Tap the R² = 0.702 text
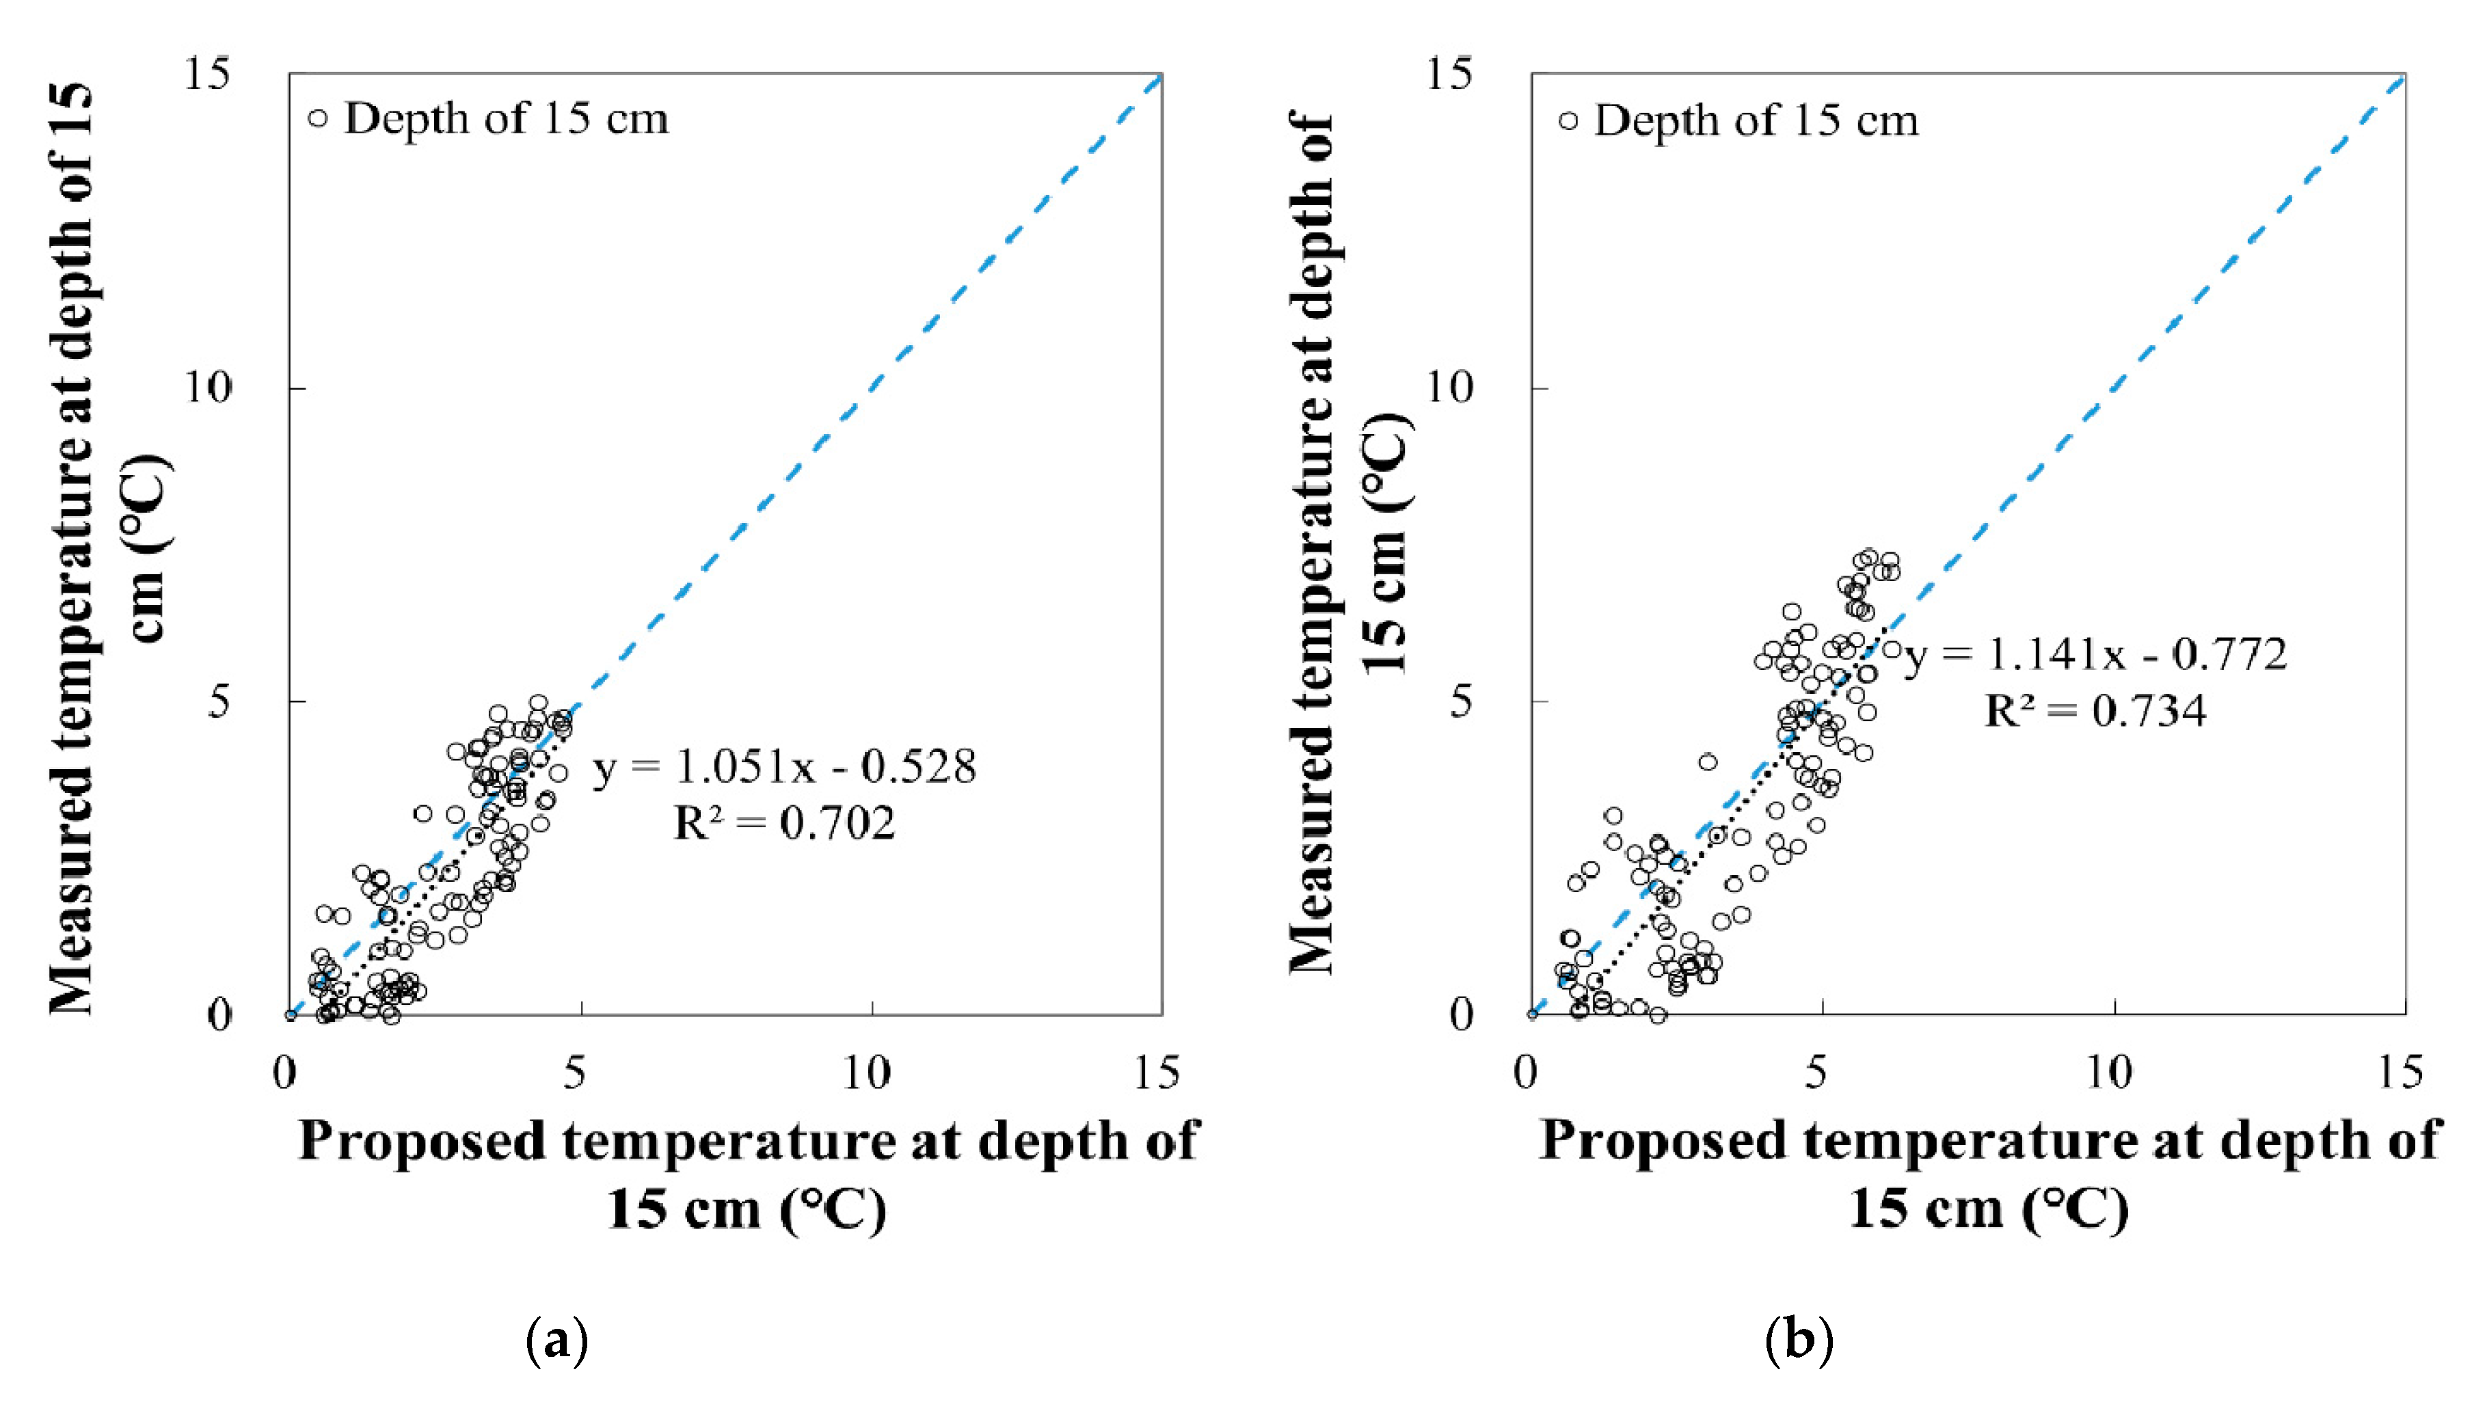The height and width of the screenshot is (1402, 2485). point(784,823)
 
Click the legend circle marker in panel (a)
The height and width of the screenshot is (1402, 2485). point(317,119)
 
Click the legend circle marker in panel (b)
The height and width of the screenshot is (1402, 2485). point(1568,120)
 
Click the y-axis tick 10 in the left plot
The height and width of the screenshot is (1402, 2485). point(209,388)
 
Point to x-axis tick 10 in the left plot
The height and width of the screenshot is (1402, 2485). point(865,1073)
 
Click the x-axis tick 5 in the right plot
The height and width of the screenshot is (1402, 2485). point(1816,1073)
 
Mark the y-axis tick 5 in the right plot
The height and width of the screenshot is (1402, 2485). point(1460,701)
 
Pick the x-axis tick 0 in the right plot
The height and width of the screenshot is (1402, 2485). point(1526,1073)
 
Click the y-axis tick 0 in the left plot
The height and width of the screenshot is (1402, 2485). point(220,1015)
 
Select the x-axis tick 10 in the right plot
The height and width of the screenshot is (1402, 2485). point(2109,1073)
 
